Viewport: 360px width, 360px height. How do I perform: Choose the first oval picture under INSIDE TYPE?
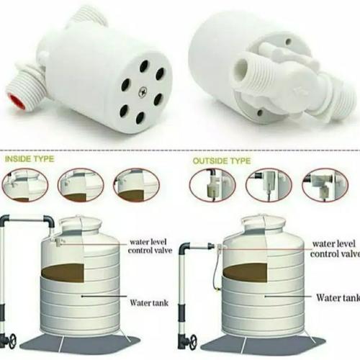(x=24, y=185)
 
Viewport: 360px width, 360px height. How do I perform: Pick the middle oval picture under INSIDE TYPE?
(x=81, y=185)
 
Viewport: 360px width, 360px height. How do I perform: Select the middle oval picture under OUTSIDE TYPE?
(x=269, y=185)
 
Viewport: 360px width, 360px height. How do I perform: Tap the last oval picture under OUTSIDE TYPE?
(x=325, y=185)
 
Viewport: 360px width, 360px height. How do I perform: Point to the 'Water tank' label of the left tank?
(x=149, y=294)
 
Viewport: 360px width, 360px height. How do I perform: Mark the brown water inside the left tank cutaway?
(x=64, y=272)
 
